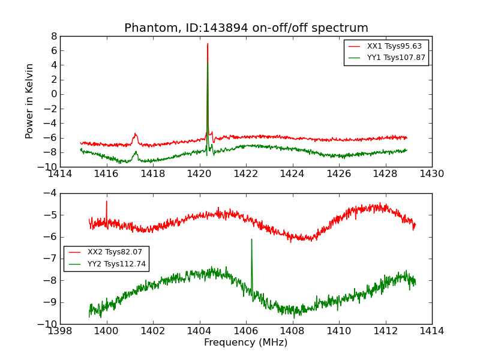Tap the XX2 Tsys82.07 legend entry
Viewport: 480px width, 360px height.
(115, 252)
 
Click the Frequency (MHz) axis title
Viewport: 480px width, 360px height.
(245, 343)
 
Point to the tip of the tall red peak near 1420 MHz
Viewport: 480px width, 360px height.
(208, 43)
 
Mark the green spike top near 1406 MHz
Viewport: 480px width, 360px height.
(251, 239)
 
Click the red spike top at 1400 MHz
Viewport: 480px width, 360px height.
(107, 201)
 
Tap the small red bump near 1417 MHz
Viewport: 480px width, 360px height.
(136, 134)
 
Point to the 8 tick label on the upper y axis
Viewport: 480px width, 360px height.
(53, 36)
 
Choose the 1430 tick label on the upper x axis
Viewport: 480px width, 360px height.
(431, 174)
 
